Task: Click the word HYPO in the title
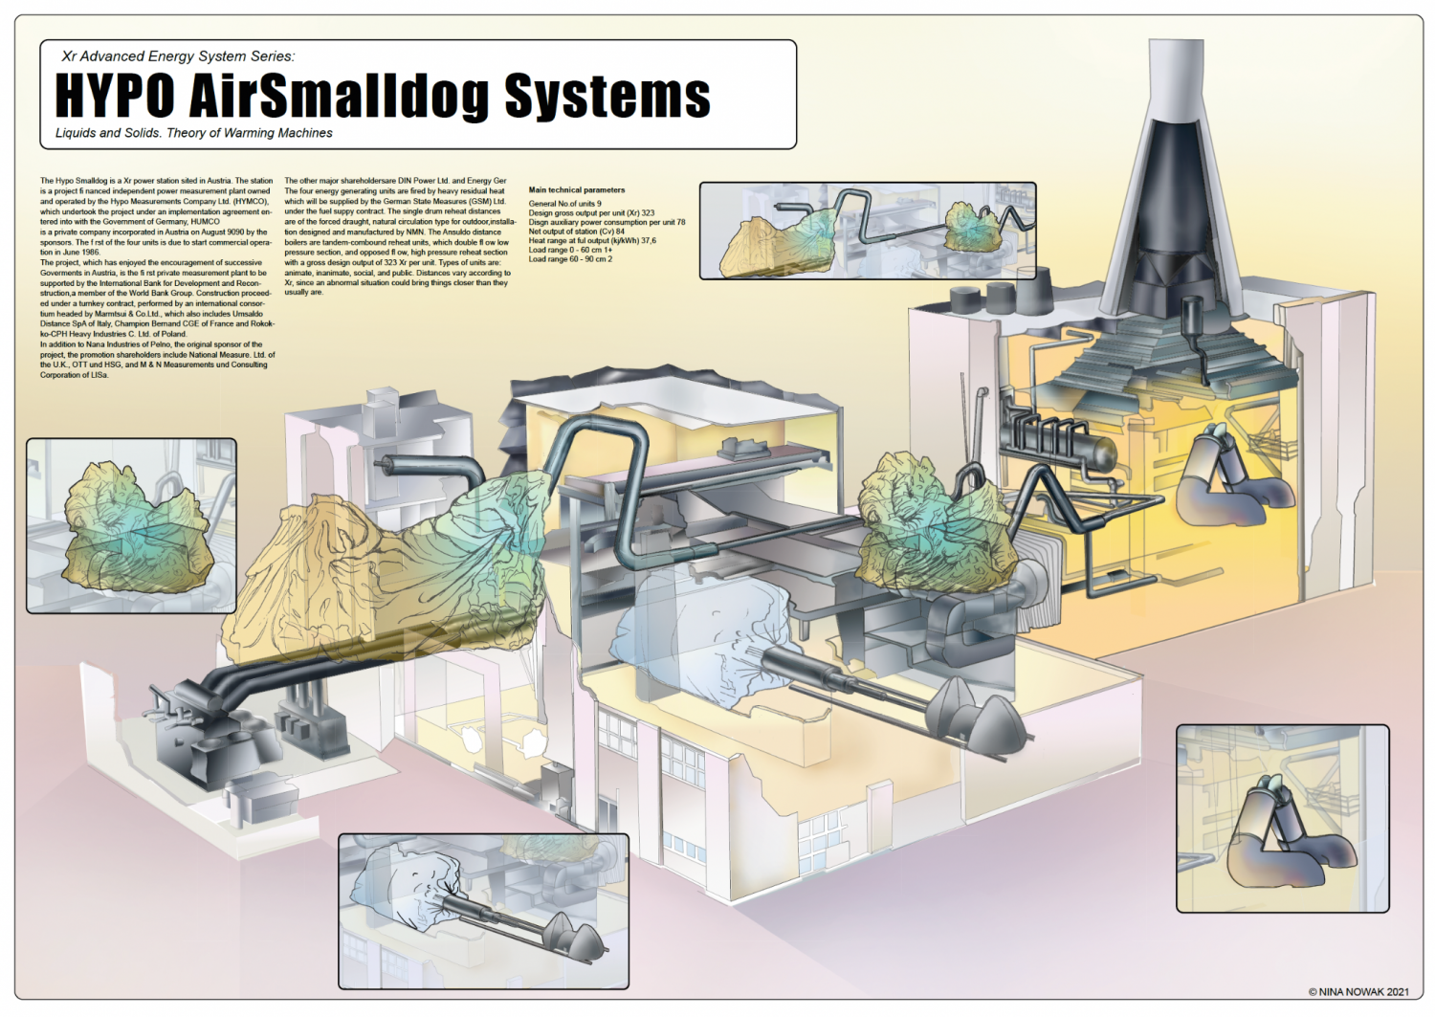pos(115,96)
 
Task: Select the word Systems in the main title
pos(607,96)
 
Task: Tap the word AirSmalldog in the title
pos(339,96)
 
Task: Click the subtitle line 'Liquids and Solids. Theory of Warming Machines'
pos(194,133)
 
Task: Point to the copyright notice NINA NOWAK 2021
pos(1358,992)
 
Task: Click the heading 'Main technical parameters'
pos(576,189)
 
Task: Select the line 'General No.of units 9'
pos(564,203)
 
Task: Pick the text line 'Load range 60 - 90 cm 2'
pos(570,259)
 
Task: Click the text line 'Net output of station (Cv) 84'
pos(576,232)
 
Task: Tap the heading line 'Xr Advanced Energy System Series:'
pos(178,56)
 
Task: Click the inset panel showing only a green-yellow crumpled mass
pos(131,525)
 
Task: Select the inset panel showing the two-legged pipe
pos(1282,818)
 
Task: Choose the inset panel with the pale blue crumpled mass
pos(483,911)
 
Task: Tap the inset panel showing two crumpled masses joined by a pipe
pos(867,231)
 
